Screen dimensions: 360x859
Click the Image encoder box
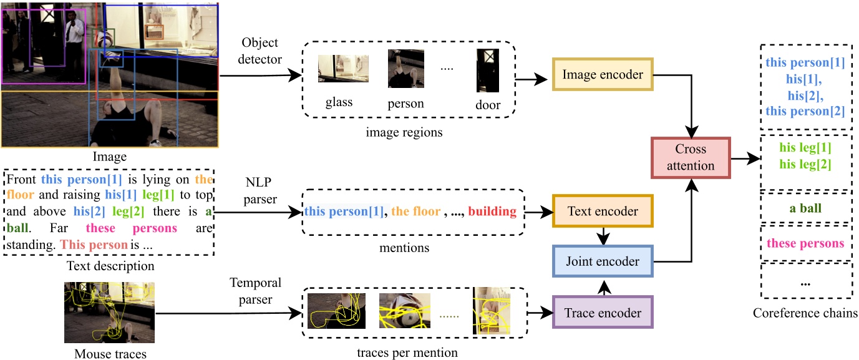(x=602, y=75)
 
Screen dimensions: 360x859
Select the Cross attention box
(x=691, y=157)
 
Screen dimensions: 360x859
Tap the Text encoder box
(x=602, y=212)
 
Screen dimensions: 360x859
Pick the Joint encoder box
(x=602, y=261)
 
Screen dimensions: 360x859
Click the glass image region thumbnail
(x=342, y=69)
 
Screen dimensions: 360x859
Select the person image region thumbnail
(x=406, y=69)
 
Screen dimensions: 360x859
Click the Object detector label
(x=261, y=51)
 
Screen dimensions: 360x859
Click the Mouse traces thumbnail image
(x=109, y=312)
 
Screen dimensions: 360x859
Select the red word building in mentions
(x=492, y=212)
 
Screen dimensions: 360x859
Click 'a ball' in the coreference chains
(x=805, y=208)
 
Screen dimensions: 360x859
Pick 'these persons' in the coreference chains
(x=805, y=243)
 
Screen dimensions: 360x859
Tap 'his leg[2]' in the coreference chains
(x=805, y=164)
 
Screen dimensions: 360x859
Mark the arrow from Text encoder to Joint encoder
(x=602, y=236)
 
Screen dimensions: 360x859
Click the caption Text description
(x=109, y=266)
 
